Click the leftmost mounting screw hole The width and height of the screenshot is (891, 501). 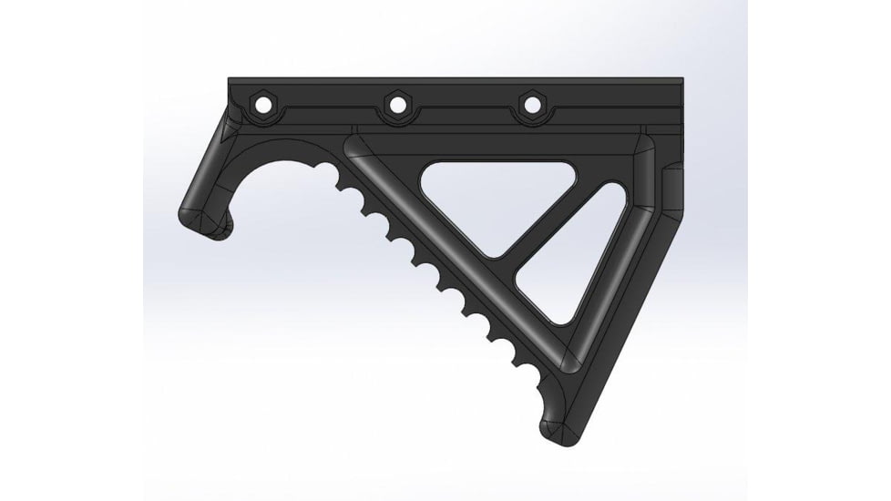(263, 106)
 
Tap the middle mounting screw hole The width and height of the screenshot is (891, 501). (397, 106)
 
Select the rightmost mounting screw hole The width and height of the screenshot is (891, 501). (530, 106)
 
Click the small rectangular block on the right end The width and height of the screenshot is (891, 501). (669, 187)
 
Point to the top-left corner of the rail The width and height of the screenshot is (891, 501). (229, 80)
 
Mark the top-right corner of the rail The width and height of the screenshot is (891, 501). (683, 80)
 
